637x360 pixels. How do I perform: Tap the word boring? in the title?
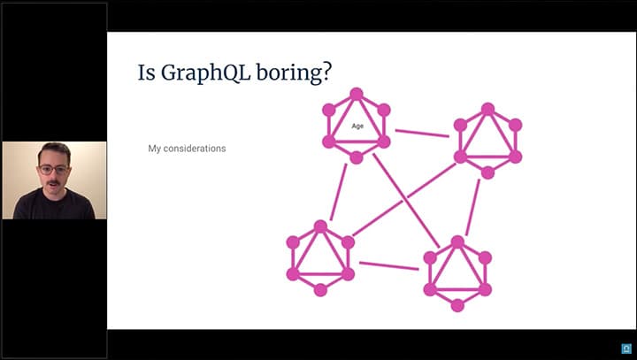pyautogui.click(x=294, y=73)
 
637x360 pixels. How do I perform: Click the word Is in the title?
pyautogui.click(x=146, y=73)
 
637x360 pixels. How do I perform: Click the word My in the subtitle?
pyautogui.click(x=154, y=149)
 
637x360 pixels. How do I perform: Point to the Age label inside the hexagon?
pyautogui.click(x=357, y=126)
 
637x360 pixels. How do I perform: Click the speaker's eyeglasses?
pyautogui.click(x=54, y=170)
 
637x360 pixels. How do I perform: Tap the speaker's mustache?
pyautogui.click(x=53, y=183)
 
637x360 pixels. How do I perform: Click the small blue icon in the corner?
pyautogui.click(x=626, y=349)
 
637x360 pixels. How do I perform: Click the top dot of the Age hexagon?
pyautogui.click(x=357, y=94)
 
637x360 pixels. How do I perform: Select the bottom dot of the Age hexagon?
pyautogui.click(x=357, y=157)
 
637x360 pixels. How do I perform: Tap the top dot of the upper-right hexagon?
pyautogui.click(x=487, y=110)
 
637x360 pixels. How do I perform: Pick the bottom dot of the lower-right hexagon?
pyautogui.click(x=457, y=305)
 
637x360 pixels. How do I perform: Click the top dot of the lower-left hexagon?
pyautogui.click(x=320, y=226)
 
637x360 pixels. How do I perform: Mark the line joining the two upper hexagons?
pyautogui.click(x=422, y=134)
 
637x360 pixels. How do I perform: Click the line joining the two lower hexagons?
pyautogui.click(x=388, y=265)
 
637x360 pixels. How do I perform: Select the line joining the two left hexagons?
pyautogui.click(x=338, y=192)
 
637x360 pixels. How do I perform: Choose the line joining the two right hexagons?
pyautogui.click(x=472, y=207)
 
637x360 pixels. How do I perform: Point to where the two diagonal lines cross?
pyautogui.click(x=404, y=200)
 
